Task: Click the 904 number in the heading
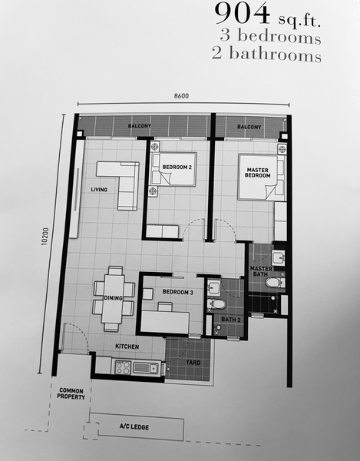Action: (x=242, y=14)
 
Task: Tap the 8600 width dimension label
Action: (x=181, y=96)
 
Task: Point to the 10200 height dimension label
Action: (x=45, y=237)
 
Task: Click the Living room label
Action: (x=99, y=190)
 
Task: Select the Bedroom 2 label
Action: (x=177, y=167)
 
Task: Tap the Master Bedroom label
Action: (x=257, y=173)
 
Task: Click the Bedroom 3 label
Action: (x=177, y=292)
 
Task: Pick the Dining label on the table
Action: (x=113, y=298)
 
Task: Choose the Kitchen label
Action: (x=127, y=347)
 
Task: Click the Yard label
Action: (x=193, y=362)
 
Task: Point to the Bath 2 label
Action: (x=231, y=320)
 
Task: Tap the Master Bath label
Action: (x=261, y=271)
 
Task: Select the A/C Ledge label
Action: (x=134, y=427)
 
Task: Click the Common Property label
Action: (x=71, y=393)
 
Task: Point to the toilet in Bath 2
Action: (x=216, y=304)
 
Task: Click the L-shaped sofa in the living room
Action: (x=124, y=181)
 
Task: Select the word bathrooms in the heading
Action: (x=275, y=55)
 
